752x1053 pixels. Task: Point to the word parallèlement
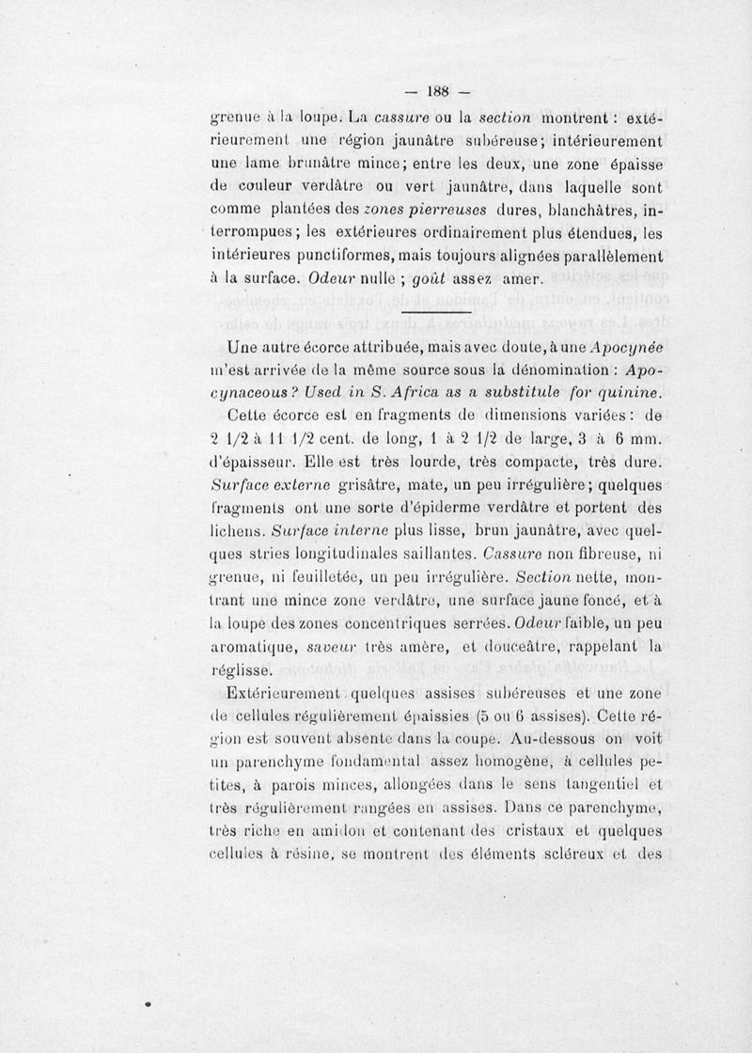coord(606,256)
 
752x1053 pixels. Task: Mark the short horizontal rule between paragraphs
coord(434,311)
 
